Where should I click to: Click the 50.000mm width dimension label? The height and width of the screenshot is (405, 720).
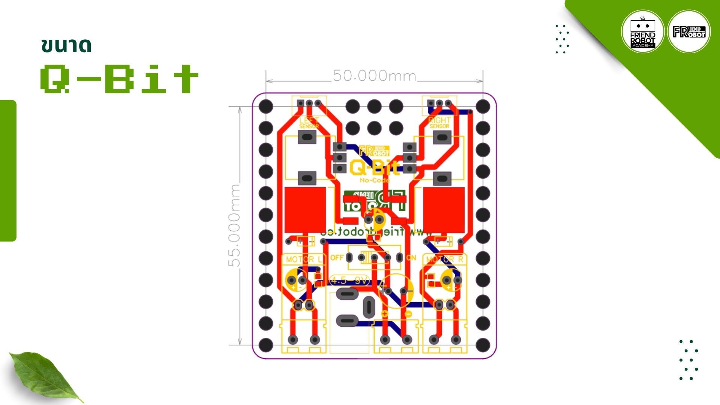pos(374,76)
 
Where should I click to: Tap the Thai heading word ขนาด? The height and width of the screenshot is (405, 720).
pos(66,45)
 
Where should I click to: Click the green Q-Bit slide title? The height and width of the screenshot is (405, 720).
pos(119,79)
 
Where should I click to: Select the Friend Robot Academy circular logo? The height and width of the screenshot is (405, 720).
pos(643,32)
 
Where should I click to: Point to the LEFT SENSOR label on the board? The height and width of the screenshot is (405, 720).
pos(309,123)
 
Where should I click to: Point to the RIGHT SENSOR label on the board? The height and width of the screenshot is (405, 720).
pos(439,123)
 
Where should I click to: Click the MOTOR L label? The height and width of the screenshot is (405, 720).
pos(304,259)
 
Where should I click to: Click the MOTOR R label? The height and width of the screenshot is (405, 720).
pos(445,259)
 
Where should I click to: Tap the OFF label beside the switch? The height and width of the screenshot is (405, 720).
pos(337,258)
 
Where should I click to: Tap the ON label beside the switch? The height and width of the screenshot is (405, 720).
pos(411,258)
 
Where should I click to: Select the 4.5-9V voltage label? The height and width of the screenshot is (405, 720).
pos(350,280)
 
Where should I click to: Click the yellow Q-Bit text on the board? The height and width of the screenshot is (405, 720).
pos(374,168)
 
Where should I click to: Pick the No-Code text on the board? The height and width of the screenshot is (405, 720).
pos(375,180)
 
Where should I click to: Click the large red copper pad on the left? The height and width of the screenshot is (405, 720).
pos(305,210)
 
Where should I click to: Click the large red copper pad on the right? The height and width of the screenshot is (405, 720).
pos(444,210)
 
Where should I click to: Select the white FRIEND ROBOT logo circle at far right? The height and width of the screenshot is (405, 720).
pos(689,32)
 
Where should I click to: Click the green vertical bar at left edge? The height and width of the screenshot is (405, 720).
pos(8,171)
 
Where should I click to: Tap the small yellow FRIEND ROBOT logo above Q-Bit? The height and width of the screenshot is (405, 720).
pos(374,151)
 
